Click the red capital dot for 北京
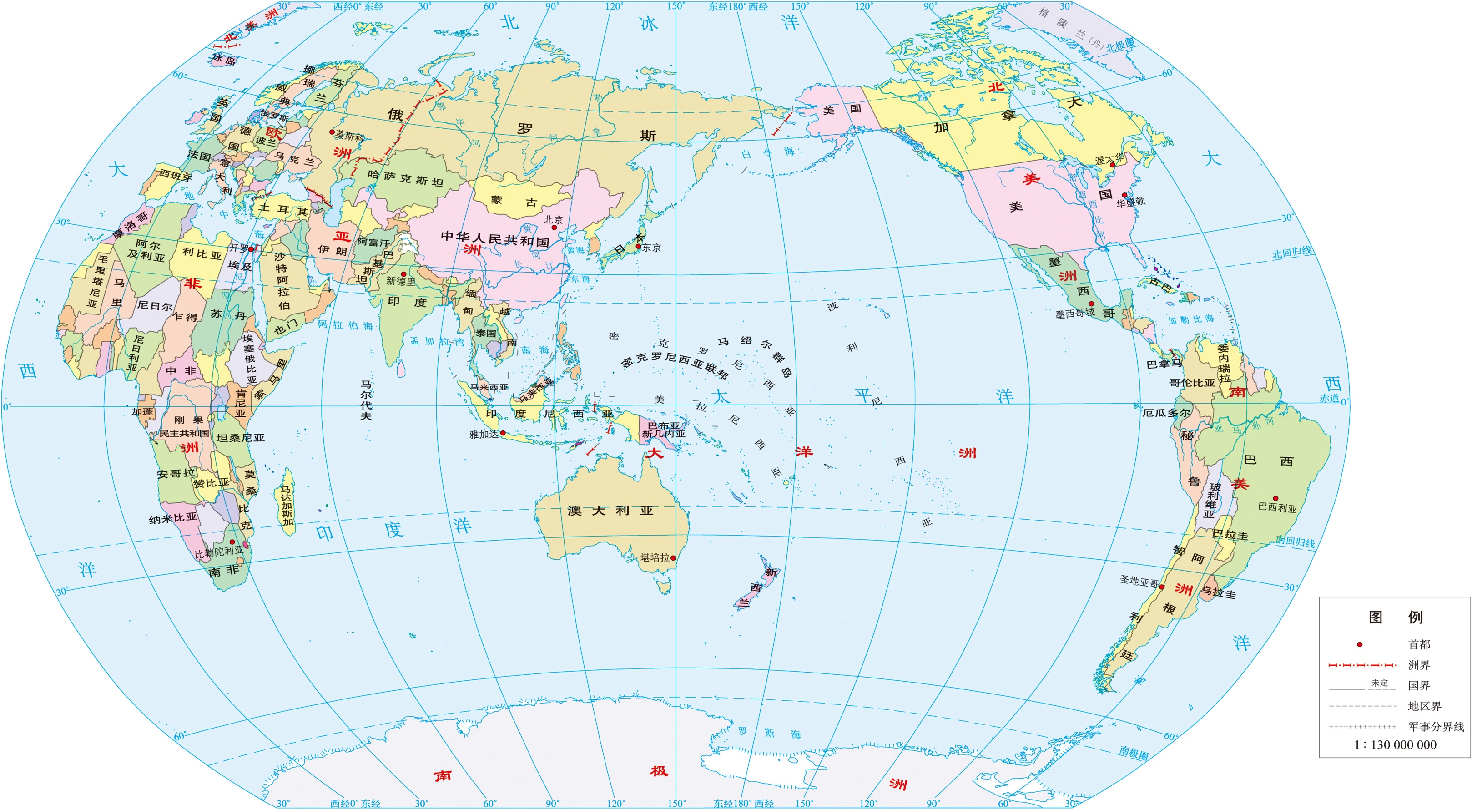pos(554,228)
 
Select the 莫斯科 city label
pos(350,136)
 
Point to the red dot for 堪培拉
pos(673,558)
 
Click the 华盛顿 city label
pos(1131,202)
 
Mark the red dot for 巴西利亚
pos(1275,498)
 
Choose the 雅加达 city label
pos(484,435)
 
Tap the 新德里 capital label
pos(401,281)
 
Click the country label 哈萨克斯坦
pos(406,178)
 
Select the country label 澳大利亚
pos(610,511)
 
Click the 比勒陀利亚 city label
pos(219,552)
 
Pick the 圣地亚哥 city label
pos(1139,582)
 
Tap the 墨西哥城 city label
pos(1074,313)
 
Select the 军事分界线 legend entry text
pos(1436,727)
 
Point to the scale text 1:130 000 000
pos(1395,745)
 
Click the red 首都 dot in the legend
pos(1360,645)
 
